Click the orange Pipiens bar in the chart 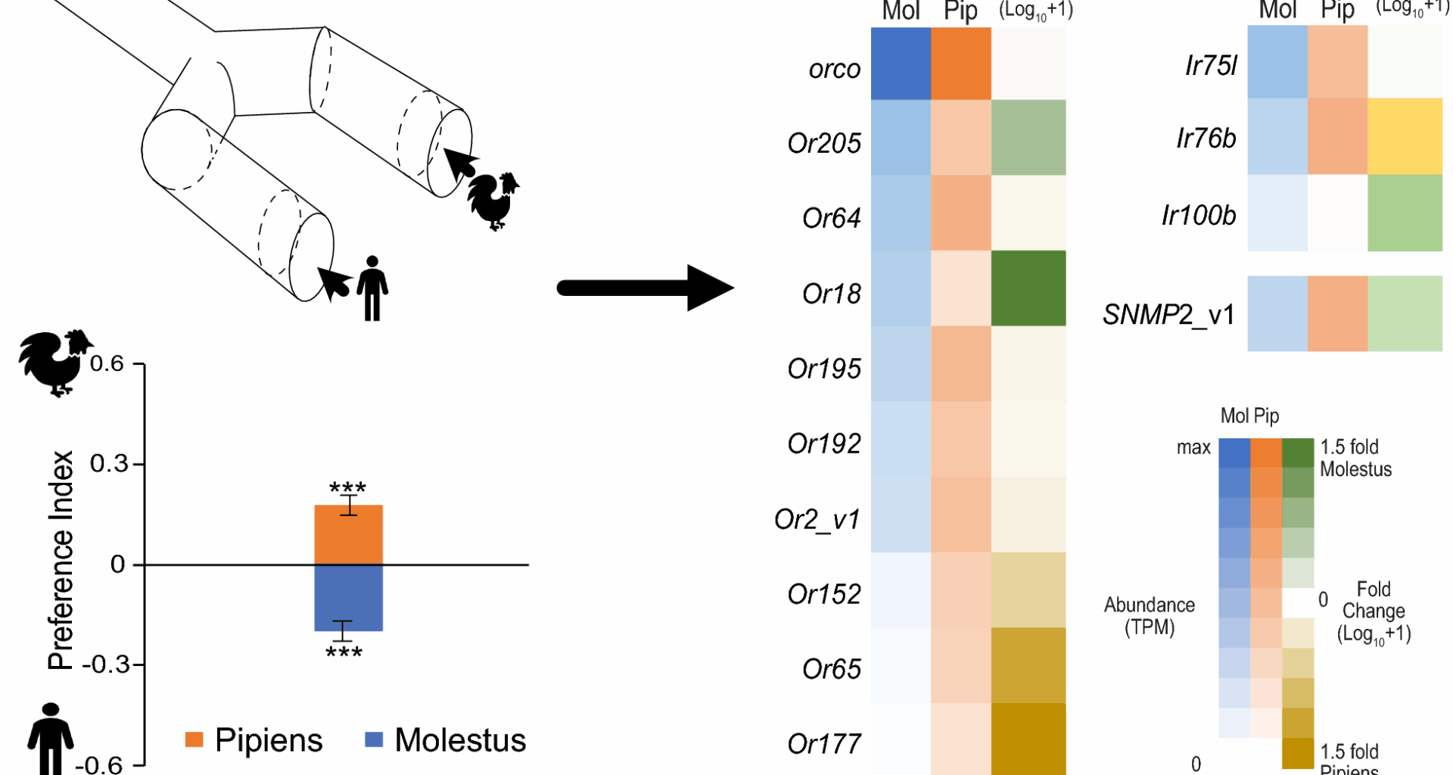[348, 534]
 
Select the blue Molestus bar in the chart [348, 598]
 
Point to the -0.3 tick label [103, 665]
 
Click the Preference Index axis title [61, 560]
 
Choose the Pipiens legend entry [254, 740]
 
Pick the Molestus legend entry [446, 740]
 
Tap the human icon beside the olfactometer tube [372, 288]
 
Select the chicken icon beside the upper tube [493, 201]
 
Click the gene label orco [835, 70]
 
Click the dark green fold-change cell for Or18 [1028, 288]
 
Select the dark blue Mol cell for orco [901, 64]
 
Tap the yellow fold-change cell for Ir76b [1405, 137]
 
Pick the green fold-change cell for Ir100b [1405, 213]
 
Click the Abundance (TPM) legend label [1149, 616]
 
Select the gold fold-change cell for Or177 [1028, 739]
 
